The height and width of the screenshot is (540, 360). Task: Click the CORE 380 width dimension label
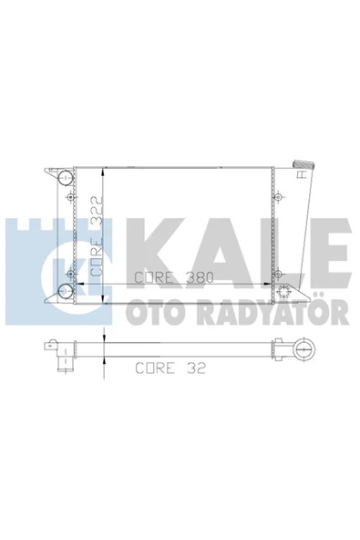coord(174,277)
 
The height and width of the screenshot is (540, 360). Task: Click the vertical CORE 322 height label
coord(96,236)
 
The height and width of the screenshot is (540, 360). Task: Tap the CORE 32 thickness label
coord(170,368)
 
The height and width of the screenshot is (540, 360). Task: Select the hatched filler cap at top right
coord(303,164)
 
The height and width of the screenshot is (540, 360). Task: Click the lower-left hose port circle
coord(66,292)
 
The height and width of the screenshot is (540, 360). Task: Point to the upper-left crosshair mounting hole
coord(70,197)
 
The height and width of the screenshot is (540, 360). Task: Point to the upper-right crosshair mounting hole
coord(278,197)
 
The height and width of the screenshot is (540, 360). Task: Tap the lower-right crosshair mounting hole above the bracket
coord(278,275)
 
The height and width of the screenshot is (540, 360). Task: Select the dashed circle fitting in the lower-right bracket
coord(284,292)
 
